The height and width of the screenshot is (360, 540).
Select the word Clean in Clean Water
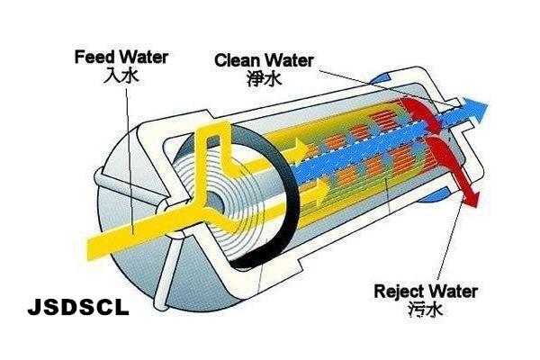236,60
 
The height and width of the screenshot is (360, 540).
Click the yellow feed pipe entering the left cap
108,236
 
